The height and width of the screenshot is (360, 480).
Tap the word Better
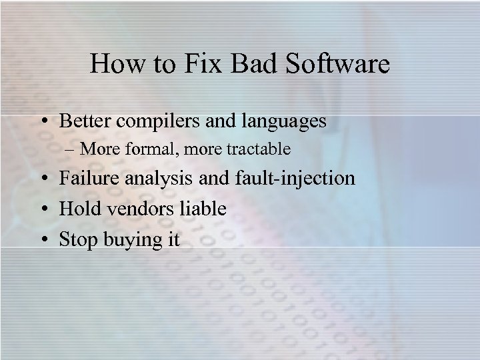(x=87, y=121)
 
